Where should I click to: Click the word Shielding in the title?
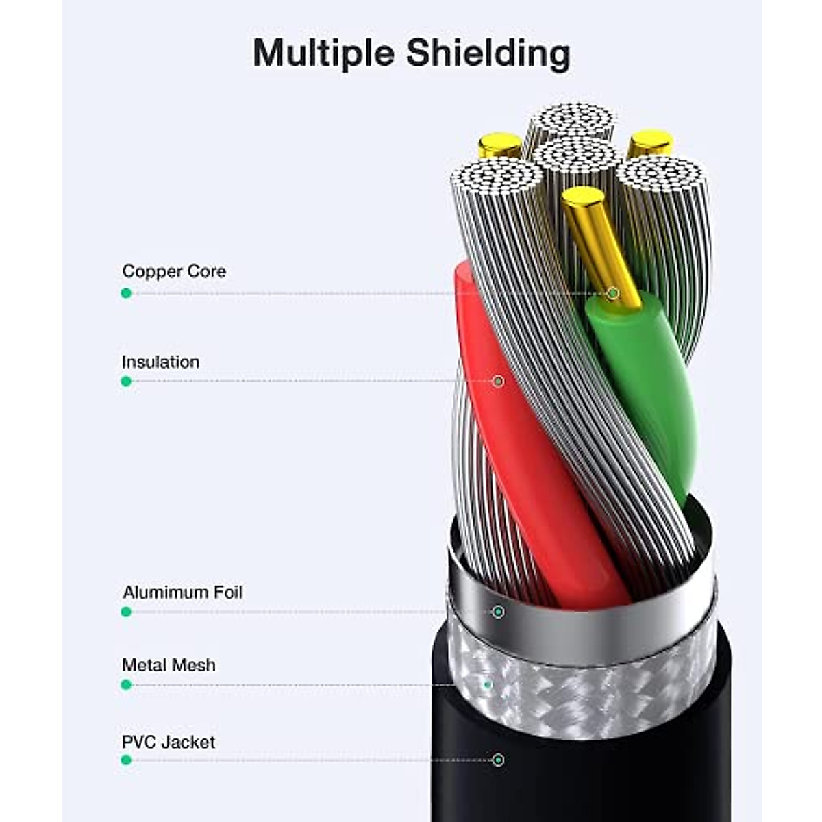coord(488,53)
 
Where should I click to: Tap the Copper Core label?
coord(174,271)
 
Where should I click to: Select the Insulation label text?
coord(160,362)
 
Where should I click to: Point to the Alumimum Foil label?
coord(182,592)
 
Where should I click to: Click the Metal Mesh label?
coord(169,664)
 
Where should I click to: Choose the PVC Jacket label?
coord(169,742)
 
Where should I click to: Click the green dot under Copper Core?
coord(126,293)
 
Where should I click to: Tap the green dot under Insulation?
coord(126,382)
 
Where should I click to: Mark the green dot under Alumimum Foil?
coord(126,612)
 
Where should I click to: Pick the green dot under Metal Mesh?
coord(126,684)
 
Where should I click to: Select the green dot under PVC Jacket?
coord(126,760)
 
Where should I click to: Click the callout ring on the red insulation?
coord(498,381)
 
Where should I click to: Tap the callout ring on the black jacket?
coord(498,760)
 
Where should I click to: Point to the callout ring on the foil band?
coord(498,612)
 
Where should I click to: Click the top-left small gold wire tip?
coord(500,144)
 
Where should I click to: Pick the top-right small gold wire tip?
coord(650,142)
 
